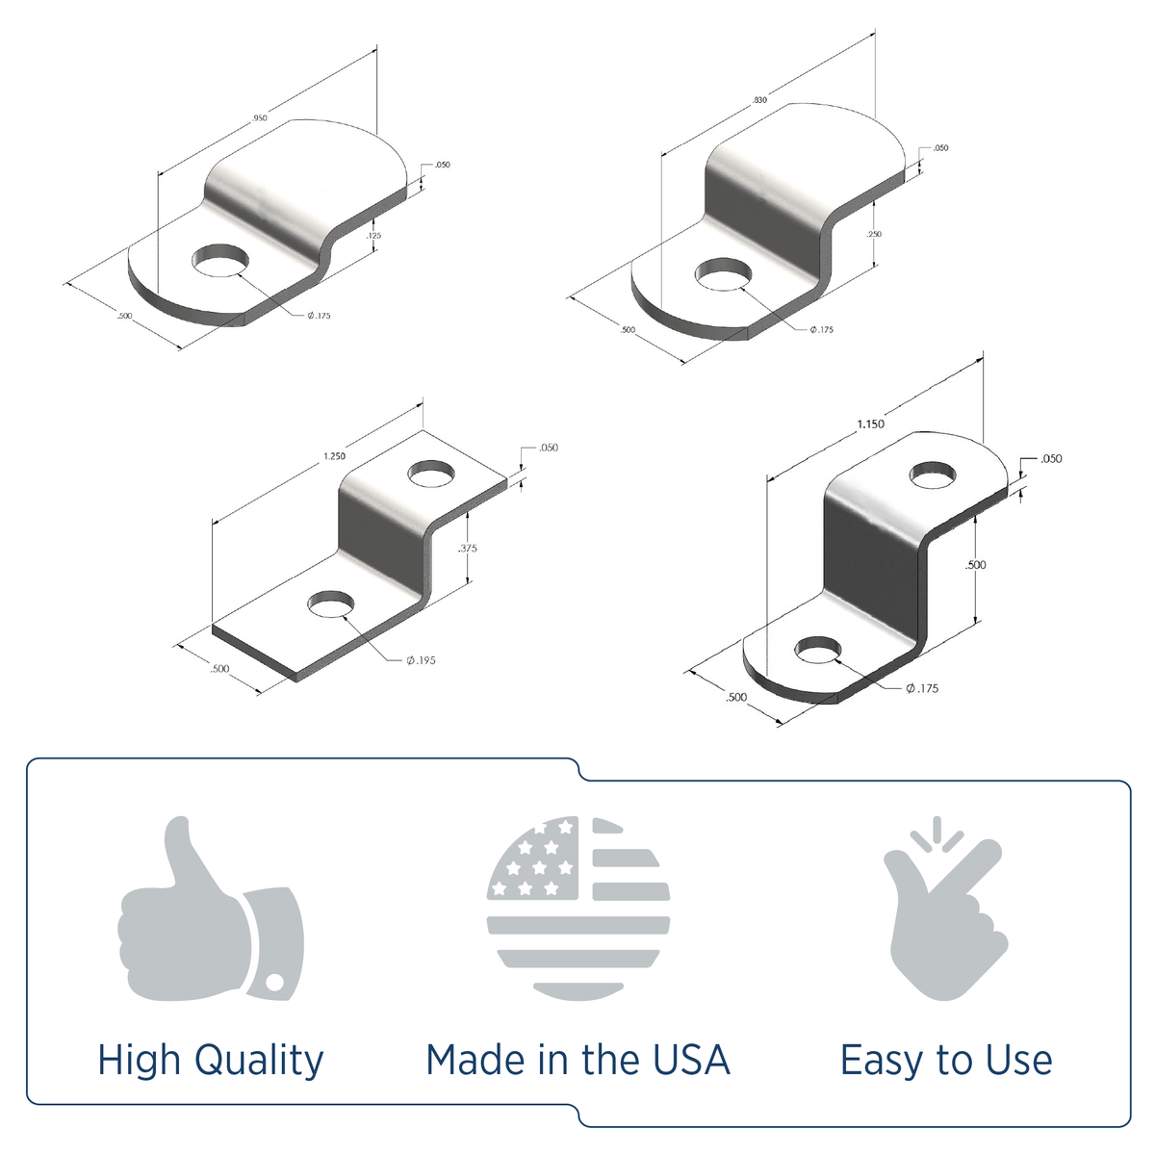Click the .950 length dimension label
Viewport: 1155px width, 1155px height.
(x=259, y=117)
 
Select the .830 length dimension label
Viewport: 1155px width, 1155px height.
(x=760, y=100)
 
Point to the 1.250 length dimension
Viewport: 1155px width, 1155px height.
(x=334, y=456)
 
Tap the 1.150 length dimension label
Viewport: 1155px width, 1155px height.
(x=870, y=423)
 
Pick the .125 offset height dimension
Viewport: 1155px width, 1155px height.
(x=374, y=235)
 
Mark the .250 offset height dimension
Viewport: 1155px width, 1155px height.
(x=874, y=234)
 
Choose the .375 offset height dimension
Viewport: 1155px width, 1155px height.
(x=469, y=548)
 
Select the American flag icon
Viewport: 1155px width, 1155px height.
(x=577, y=908)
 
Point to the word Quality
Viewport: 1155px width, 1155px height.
(x=259, y=1061)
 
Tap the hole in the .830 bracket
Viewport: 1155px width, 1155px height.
(x=723, y=274)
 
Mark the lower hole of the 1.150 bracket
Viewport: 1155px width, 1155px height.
(x=817, y=652)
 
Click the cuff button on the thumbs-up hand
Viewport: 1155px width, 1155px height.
(x=275, y=983)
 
